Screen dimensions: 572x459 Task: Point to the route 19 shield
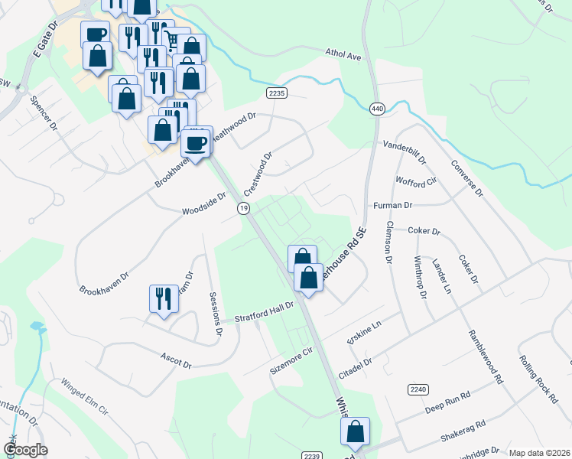(x=243, y=208)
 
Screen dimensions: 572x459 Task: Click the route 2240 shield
(x=418, y=390)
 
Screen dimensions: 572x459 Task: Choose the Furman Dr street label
(x=392, y=205)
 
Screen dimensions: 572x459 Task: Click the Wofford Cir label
(x=415, y=181)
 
